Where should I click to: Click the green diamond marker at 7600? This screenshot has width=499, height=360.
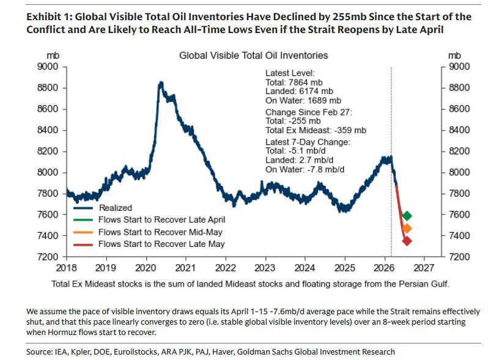[407, 216]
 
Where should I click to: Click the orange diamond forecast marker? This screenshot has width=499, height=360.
[407, 229]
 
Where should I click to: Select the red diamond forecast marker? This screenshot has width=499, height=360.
[407, 241]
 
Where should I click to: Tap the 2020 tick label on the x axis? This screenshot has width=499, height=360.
[146, 267]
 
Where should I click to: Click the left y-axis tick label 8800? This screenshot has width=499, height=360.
[48, 88]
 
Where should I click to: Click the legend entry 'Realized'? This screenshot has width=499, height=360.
[116, 208]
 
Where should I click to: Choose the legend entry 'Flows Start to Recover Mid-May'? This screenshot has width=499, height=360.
[161, 232]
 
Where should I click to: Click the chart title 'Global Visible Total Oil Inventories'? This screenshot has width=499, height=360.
[253, 56]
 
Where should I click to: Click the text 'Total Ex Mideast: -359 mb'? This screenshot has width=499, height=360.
[316, 130]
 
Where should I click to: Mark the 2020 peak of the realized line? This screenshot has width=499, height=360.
[160, 82]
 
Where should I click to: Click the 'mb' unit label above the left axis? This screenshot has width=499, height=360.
[53, 56]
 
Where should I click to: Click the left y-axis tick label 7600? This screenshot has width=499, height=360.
[48, 215]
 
